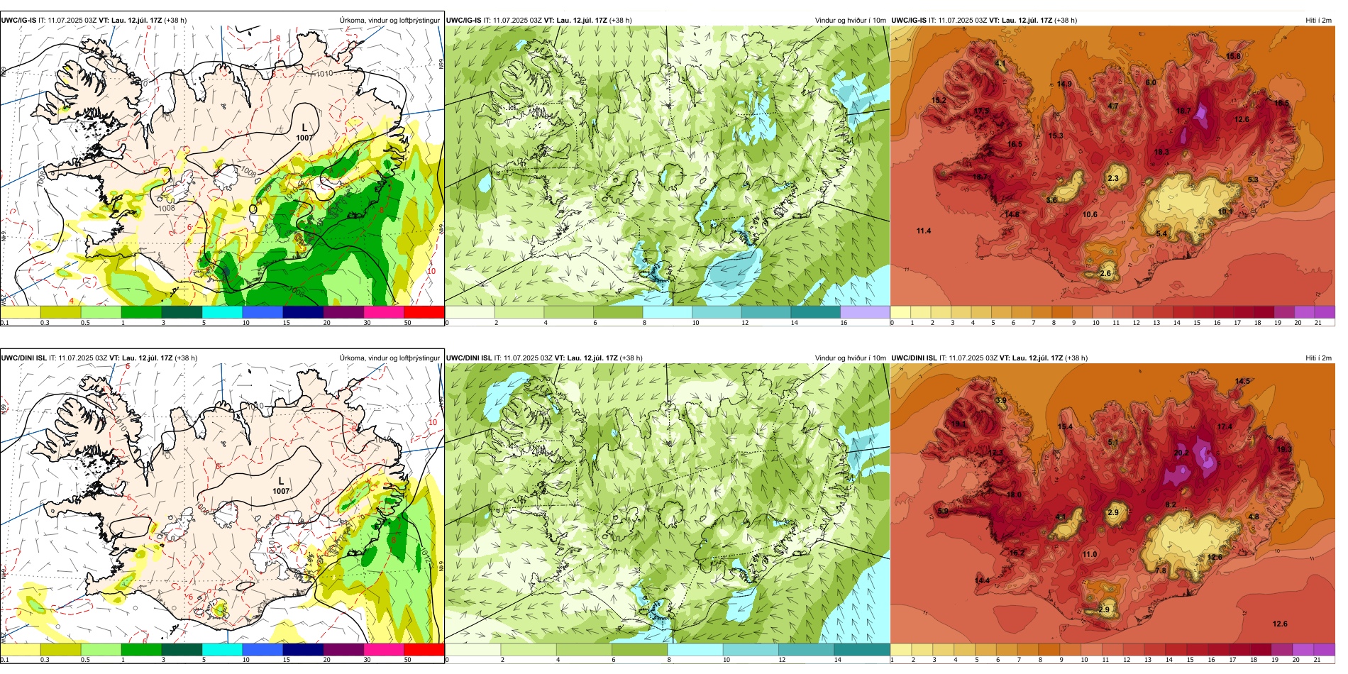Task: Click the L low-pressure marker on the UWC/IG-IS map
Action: coord(304,128)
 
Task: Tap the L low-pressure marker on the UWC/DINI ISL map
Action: coord(281,481)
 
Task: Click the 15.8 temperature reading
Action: coord(1234,56)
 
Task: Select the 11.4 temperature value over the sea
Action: coord(924,231)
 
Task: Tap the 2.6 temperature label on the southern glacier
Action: coord(1105,273)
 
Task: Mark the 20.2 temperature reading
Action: coord(1181,453)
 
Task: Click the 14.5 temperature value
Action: coord(1242,381)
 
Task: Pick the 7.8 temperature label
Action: coord(1161,570)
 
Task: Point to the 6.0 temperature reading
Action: coord(1151,82)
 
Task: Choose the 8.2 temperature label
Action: coord(1171,504)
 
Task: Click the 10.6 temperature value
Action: coord(1090,214)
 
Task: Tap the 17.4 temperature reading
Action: coord(1225,426)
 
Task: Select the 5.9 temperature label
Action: coord(943,511)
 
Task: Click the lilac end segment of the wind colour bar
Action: coord(865,312)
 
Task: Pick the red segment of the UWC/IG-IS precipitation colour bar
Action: coord(424,312)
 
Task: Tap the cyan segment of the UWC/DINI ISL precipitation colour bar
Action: coord(222,649)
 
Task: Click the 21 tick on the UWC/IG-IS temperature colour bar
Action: coord(1317,323)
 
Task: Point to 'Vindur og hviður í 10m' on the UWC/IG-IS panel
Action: coord(850,21)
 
